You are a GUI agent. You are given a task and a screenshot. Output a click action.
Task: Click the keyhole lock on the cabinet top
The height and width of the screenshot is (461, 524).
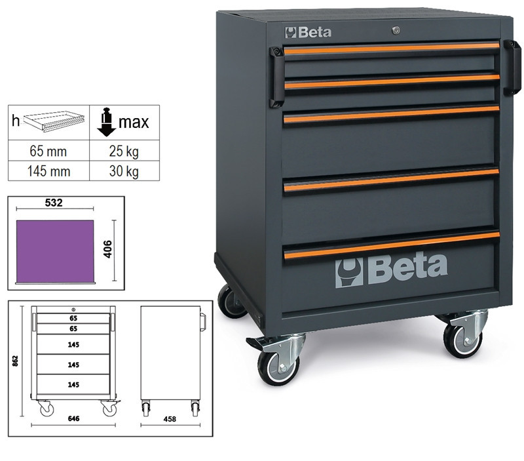click(x=396, y=30)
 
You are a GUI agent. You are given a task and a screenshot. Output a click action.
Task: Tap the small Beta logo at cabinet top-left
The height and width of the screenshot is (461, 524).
click(x=308, y=32)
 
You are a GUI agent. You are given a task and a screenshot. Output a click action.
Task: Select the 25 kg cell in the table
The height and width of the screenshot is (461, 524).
click(x=124, y=151)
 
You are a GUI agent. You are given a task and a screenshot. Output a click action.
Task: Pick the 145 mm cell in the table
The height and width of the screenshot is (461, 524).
click(x=48, y=171)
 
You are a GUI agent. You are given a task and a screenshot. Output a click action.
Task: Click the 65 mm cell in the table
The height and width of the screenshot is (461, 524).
click(x=48, y=151)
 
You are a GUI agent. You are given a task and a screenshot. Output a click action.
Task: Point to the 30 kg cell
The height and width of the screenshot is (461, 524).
click(x=124, y=171)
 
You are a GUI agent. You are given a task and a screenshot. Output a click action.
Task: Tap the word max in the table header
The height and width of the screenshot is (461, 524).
click(x=134, y=122)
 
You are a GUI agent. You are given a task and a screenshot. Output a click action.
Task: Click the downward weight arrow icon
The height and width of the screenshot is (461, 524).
click(x=106, y=122)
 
